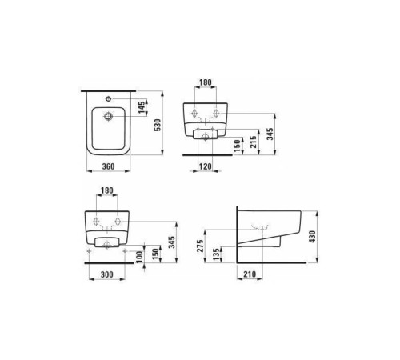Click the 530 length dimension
click(158, 125)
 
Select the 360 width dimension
click(109, 166)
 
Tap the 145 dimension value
click(142, 107)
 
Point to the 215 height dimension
click(254, 142)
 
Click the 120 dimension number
click(206, 166)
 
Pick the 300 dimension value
click(107, 274)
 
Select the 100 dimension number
click(139, 257)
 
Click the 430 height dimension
click(312, 237)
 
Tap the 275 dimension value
click(200, 246)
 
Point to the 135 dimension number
click(217, 254)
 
